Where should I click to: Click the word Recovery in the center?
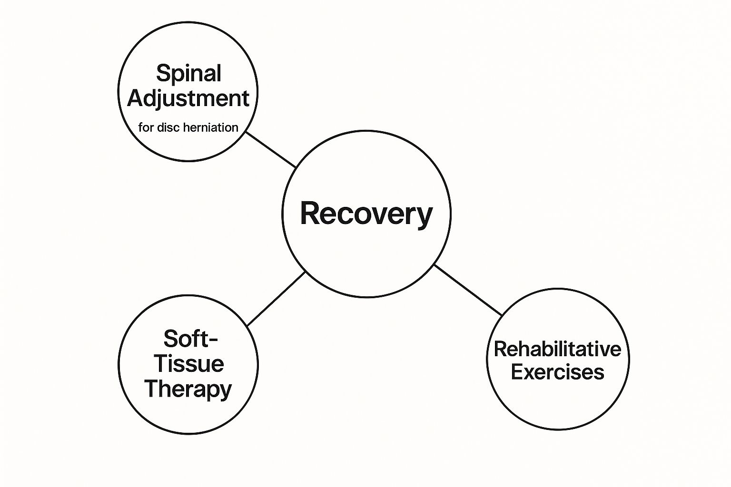click(366, 214)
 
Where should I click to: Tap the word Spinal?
click(188, 74)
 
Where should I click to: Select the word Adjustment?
click(188, 99)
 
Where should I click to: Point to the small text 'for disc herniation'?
click(188, 127)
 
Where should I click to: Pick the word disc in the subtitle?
click(169, 127)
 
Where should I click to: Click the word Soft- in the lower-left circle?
click(190, 339)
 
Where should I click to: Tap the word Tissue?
click(188, 364)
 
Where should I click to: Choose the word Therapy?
click(188, 389)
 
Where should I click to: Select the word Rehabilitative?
click(557, 349)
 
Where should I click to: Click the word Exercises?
click(557, 372)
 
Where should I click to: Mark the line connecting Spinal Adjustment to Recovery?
click(271, 149)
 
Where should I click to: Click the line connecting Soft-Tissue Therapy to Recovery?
click(276, 298)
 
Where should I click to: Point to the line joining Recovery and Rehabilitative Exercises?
click(468, 290)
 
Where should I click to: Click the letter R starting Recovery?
click(309, 214)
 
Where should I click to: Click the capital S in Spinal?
click(163, 74)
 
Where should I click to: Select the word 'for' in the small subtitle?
click(146, 127)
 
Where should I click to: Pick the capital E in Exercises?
click(517, 372)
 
